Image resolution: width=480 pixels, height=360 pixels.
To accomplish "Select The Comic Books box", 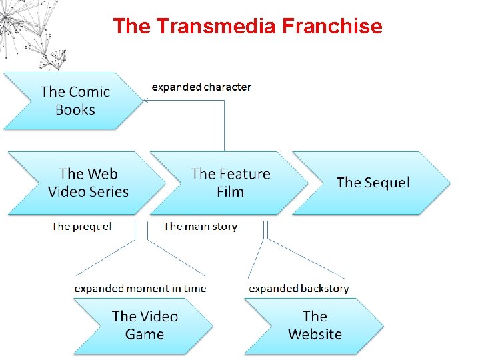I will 73,101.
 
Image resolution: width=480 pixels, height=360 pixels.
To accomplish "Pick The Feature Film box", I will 230,183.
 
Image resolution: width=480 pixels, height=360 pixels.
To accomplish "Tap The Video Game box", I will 144,325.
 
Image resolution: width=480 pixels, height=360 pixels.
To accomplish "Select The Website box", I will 315,325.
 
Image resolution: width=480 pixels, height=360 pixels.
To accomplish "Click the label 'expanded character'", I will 201,87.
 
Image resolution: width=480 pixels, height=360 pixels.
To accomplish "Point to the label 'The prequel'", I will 81,227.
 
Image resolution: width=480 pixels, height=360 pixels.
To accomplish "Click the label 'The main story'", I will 200,227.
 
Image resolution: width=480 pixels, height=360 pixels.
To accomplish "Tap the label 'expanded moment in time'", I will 140,289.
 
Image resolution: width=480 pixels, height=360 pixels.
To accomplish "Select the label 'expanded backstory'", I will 299,289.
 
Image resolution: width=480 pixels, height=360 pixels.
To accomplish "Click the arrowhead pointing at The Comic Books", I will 146,101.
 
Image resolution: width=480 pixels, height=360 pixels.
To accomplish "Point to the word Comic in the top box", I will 89,92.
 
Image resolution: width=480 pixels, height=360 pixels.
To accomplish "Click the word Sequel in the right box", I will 386,183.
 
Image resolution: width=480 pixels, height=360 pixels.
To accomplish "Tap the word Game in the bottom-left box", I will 144,334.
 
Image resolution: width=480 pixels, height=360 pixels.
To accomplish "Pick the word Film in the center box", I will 230,192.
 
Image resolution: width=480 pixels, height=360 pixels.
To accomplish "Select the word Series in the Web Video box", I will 107,192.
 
